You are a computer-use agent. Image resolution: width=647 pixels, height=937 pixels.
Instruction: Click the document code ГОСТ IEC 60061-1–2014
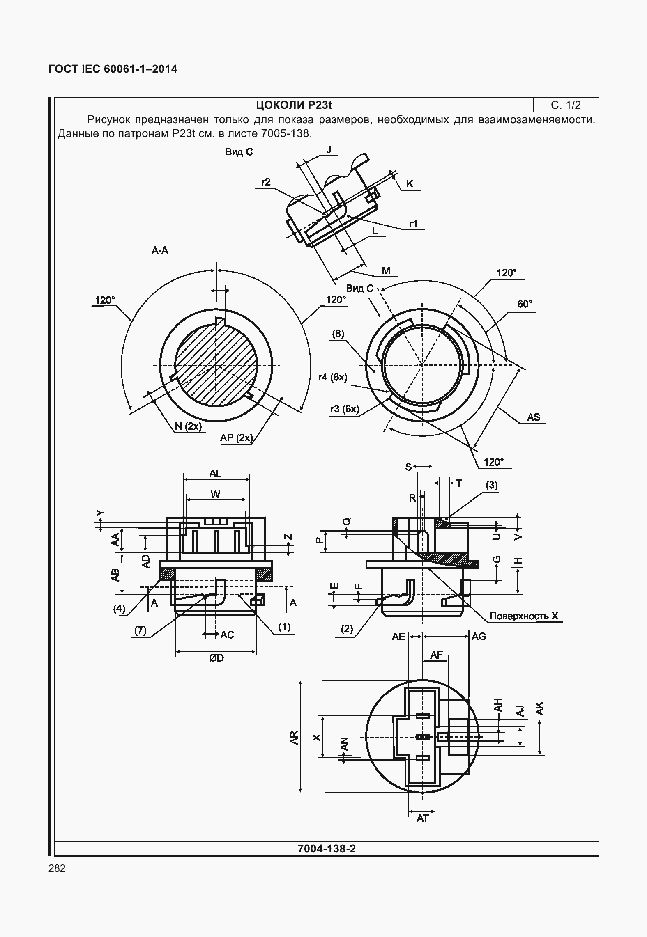pos(113,69)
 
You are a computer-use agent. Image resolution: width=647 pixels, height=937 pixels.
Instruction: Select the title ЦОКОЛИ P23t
pos(294,105)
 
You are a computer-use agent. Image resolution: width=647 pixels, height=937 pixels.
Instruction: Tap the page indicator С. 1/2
pos(566,105)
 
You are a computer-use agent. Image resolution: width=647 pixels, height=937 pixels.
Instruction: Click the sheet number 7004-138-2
pos(327,848)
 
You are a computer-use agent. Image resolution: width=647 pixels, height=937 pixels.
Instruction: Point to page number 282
pos(57,868)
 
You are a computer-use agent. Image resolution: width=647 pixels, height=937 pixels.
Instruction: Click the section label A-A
pos(160,250)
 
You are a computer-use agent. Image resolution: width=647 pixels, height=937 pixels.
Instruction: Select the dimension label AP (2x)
pos(236,438)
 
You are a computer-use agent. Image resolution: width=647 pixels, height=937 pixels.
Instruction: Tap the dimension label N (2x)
pos(189,426)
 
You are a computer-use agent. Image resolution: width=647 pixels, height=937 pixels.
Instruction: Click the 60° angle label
pos(525,304)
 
